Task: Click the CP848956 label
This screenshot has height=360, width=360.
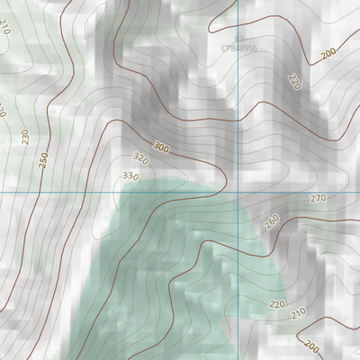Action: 238,49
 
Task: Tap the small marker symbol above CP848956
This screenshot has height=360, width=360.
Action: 239,38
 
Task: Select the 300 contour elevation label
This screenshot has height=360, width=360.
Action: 161,147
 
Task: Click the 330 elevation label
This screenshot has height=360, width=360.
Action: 130,176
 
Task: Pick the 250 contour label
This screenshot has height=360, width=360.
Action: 43,159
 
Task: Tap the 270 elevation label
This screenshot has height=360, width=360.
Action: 318,198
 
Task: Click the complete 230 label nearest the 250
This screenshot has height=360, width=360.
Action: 24,138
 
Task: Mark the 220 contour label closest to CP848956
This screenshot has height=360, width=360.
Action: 293,81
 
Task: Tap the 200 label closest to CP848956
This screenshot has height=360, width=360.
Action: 328,55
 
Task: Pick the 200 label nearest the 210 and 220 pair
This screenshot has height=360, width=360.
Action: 312,346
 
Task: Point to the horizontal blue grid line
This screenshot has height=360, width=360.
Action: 72,193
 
